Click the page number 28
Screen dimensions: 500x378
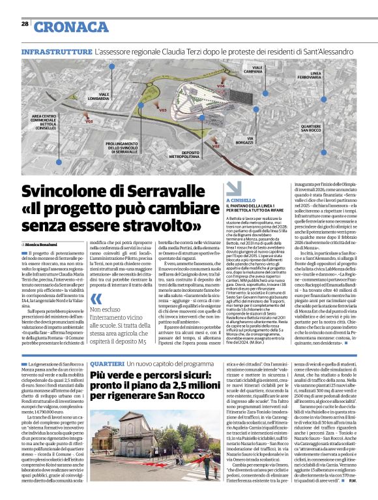[x=25, y=23]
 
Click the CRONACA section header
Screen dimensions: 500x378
[x=71, y=26]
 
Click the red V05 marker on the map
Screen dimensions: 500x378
[x=89, y=121]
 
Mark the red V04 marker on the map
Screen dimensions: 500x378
[x=220, y=86]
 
